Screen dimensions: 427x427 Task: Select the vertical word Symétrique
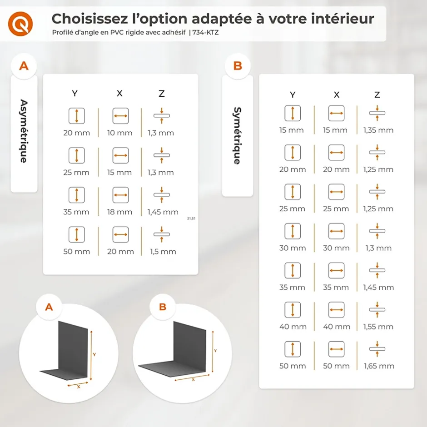click(237, 135)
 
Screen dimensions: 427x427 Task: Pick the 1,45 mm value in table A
click(163, 212)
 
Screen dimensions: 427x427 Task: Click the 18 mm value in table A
click(120, 212)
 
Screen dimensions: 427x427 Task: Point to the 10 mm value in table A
click(120, 133)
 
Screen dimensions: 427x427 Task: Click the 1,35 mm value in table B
click(378, 130)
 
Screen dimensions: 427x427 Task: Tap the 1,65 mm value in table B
click(378, 366)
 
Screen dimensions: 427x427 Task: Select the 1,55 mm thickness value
click(378, 327)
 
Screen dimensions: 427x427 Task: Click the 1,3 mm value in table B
click(378, 248)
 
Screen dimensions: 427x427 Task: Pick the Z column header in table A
click(161, 94)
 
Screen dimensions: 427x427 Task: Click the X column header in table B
click(336, 95)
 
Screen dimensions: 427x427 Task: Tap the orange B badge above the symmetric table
click(238, 66)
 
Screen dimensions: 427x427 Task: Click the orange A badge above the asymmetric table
click(24, 66)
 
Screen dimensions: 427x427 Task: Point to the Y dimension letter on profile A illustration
click(94, 354)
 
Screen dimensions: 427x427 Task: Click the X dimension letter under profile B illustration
click(193, 379)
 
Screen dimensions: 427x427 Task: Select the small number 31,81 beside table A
click(191, 218)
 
